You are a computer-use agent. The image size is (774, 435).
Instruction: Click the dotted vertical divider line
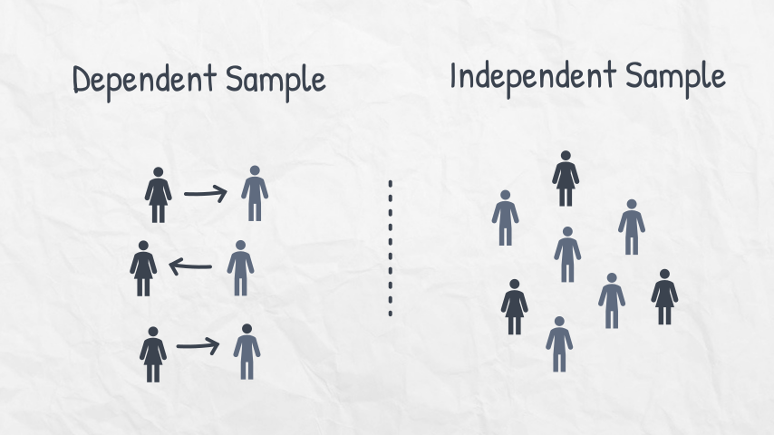point(391,247)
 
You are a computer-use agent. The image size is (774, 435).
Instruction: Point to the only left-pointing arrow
point(190,266)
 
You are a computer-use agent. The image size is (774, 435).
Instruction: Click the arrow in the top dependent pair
point(205,192)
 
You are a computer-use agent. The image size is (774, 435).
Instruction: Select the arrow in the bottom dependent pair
point(198,345)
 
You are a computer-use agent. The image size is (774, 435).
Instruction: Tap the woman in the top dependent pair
point(159,195)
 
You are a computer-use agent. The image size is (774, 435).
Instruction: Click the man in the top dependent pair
point(255,193)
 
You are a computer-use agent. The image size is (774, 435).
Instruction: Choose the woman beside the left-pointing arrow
point(143,268)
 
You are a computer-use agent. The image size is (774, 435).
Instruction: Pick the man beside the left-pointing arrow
point(240,268)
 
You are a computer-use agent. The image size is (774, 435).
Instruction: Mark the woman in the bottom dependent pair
point(152,354)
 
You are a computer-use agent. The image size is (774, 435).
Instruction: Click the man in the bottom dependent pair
point(247,352)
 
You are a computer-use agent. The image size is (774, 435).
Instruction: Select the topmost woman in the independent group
point(566,179)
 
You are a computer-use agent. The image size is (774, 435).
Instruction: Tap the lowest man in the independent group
point(559,344)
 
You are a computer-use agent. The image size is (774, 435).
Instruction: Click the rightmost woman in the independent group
point(664,296)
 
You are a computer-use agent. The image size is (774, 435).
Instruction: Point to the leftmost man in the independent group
point(505,217)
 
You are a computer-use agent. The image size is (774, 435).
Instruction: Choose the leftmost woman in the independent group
point(515,307)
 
